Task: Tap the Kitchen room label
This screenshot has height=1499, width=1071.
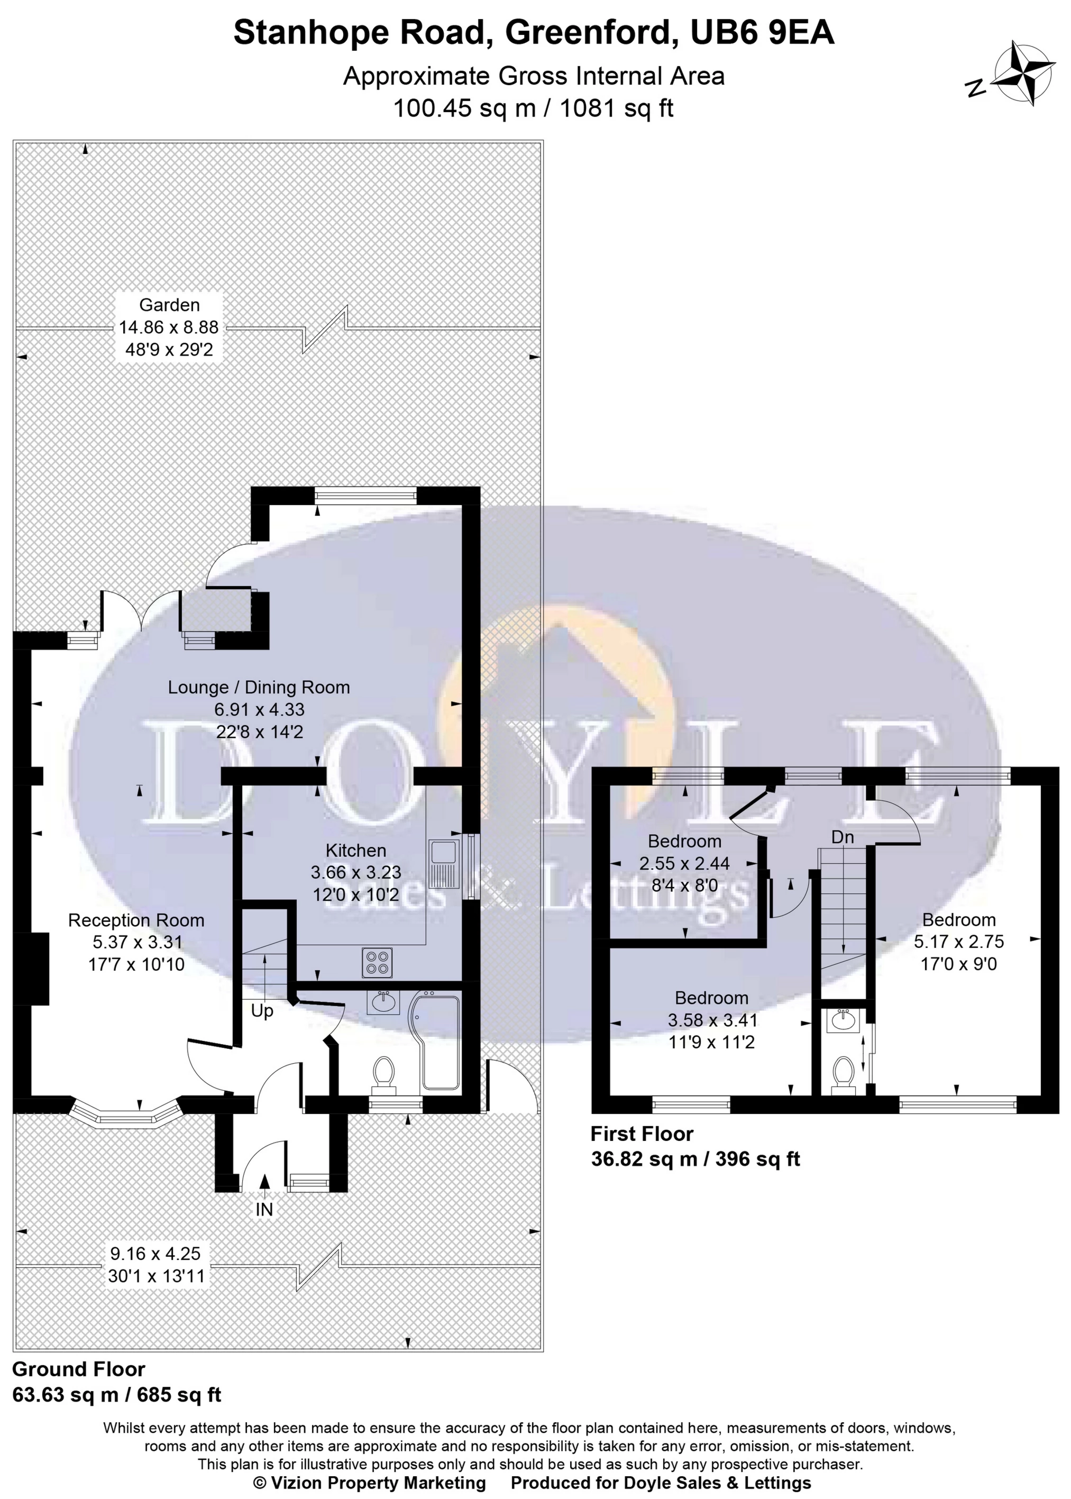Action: click(x=355, y=851)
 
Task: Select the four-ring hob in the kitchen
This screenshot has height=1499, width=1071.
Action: click(x=377, y=962)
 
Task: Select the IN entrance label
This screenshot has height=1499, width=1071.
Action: click(x=264, y=1210)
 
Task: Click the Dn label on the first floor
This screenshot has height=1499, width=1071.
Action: click(x=842, y=837)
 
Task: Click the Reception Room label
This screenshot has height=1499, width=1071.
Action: click(x=136, y=921)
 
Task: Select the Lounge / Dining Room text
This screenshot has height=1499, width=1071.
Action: click(x=259, y=687)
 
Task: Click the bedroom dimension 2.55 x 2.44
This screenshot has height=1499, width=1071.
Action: click(x=684, y=863)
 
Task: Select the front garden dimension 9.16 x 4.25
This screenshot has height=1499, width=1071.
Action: click(x=155, y=1254)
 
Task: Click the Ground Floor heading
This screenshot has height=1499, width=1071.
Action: click(x=78, y=1370)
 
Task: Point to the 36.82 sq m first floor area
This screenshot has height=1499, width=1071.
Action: click(x=644, y=1159)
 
